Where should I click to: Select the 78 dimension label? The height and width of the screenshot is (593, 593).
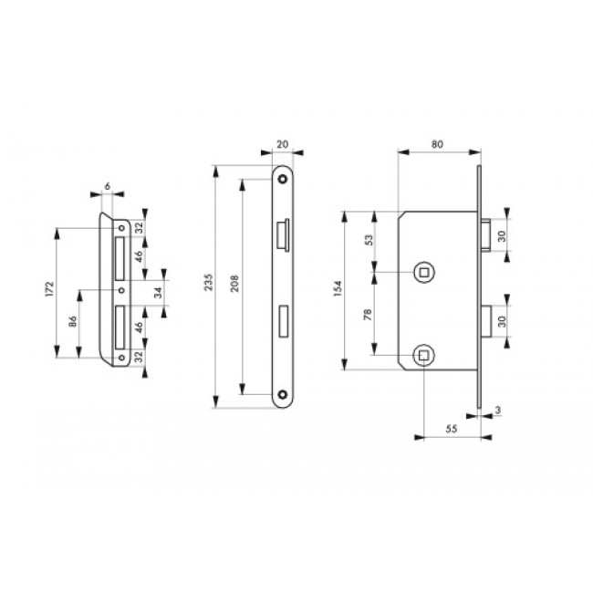[x=369, y=313]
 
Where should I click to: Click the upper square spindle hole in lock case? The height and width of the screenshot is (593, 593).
[x=422, y=271]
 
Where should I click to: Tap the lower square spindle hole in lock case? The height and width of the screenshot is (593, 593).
[x=422, y=354]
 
